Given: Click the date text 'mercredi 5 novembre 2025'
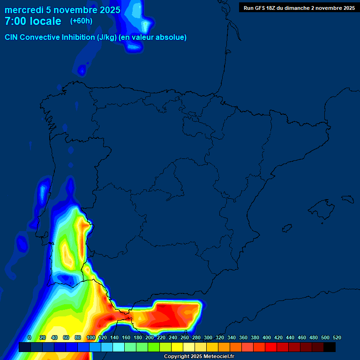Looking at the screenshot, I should coord(62,10).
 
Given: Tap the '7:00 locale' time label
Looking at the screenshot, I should coord(33,21).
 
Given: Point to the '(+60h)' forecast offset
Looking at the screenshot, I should coord(81,21).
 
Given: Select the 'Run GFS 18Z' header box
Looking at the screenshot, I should coord(299,7).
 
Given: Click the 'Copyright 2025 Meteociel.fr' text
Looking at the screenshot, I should coord(199,357).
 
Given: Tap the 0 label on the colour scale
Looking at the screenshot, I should coord(30,337).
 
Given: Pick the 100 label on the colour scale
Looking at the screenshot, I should coord(91,337).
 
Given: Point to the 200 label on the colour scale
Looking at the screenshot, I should coord(150,337).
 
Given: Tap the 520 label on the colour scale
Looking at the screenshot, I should coord(337,337).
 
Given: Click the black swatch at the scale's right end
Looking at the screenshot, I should coord(330,347).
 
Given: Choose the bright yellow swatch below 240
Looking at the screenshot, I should coord(177,347).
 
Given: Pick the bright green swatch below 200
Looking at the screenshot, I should coord(154,347).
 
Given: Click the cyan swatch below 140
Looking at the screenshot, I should coord(119,347).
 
